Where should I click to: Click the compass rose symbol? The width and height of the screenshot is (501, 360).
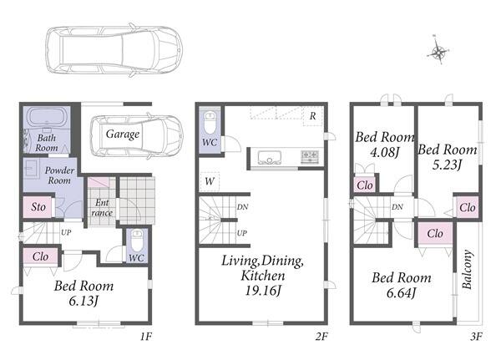click(438, 50)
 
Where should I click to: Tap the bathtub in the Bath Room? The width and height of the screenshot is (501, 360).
click(47, 118)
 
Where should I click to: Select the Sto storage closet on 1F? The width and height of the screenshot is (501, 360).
click(38, 207)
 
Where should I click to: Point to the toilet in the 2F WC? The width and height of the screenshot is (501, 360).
click(210, 123)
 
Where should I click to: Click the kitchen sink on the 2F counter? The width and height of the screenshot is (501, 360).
click(270, 158)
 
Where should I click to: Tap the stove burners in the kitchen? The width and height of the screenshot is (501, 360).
click(309, 157)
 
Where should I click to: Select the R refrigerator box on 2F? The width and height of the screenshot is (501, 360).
click(313, 116)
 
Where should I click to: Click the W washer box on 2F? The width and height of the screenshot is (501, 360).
click(210, 181)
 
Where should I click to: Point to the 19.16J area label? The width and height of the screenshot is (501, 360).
click(263, 291)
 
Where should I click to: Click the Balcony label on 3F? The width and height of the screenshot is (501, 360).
click(467, 269)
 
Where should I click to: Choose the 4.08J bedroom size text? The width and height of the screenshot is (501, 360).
click(385, 153)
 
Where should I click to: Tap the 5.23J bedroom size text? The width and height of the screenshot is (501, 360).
click(447, 165)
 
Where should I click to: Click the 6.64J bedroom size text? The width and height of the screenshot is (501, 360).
click(402, 293)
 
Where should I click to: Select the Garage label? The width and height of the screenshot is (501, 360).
click(123, 134)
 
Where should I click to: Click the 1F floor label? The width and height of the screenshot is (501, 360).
click(146, 337)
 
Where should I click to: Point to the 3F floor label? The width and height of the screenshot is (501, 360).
click(476, 337)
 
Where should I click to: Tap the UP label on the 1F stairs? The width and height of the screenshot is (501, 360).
click(66, 232)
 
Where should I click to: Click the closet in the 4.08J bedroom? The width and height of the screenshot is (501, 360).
click(365, 185)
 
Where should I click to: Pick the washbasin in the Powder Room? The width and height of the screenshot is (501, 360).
click(32, 168)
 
